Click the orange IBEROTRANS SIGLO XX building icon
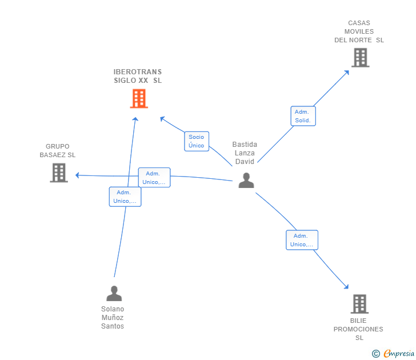[x=139, y=98]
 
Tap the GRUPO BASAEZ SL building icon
[x=59, y=173]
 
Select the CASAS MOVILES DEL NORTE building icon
[x=361, y=58]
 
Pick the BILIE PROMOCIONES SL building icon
[x=359, y=304]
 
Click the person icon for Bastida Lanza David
[x=246, y=181]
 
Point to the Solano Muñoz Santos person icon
[x=114, y=293]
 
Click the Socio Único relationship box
[x=197, y=141]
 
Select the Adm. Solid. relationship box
[x=303, y=116]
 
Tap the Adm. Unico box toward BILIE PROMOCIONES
[x=302, y=240]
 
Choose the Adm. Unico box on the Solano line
[x=125, y=197]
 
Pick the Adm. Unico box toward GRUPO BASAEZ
[x=154, y=178]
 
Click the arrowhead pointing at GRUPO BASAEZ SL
[x=78, y=175]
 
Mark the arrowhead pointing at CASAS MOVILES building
[x=346, y=73]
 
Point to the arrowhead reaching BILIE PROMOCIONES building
[x=346, y=286]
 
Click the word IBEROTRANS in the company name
[x=138, y=72]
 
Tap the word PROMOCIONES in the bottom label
[x=358, y=329]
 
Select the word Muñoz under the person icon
[x=113, y=318]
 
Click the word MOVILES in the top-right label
[x=359, y=31]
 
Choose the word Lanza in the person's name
[x=245, y=153]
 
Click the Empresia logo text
[x=399, y=353]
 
